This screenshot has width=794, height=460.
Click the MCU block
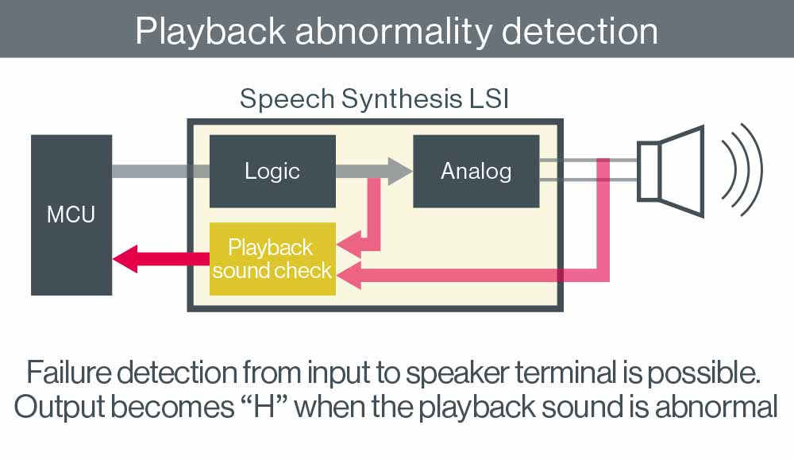pos(71,215)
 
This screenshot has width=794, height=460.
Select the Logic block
pos(272,171)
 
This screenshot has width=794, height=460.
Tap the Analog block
pos(476,171)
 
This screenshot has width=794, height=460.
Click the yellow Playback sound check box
pos(272,259)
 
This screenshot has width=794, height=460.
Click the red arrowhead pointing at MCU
pos(127,259)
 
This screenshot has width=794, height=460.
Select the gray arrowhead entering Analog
pos(399,171)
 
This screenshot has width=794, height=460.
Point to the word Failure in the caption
pos(71,372)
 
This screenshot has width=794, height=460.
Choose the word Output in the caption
pos(58,406)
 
